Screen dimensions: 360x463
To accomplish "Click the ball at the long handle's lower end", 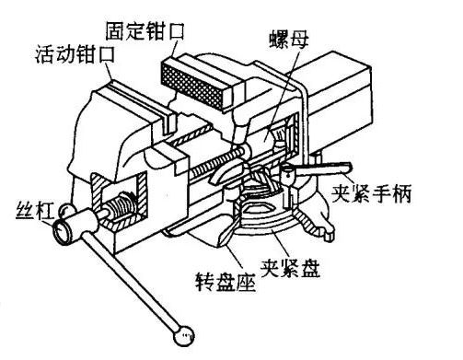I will [x=185, y=333].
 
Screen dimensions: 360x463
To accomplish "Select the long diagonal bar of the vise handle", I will [x=129, y=276].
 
